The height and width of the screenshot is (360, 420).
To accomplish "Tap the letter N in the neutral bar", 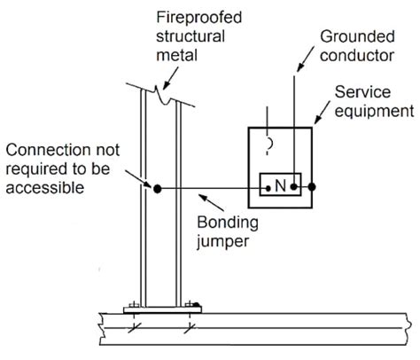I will click(x=280, y=187).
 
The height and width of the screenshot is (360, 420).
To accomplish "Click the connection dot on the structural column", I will click(x=157, y=188).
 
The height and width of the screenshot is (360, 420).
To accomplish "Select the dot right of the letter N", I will click(x=295, y=187).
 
